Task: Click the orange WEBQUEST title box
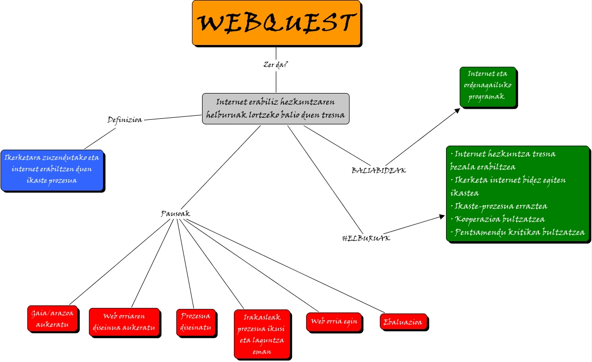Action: coord(276,23)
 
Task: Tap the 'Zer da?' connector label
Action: coord(276,65)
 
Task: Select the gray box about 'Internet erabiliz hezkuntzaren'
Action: coord(276,109)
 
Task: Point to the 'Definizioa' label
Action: coord(125,120)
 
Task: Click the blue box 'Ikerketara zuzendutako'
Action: coord(52,169)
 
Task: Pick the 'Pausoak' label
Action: coord(175,214)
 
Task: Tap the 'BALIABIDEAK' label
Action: coord(378,170)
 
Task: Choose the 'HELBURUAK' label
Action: coord(366,238)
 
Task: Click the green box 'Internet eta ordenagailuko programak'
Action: coord(487,86)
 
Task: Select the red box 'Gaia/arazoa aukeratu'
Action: coord(52,319)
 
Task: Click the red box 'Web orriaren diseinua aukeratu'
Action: coord(125,322)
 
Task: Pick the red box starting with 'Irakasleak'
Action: coord(262,333)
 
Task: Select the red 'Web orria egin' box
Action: coord(334,322)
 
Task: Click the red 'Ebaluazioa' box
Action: coord(403,322)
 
